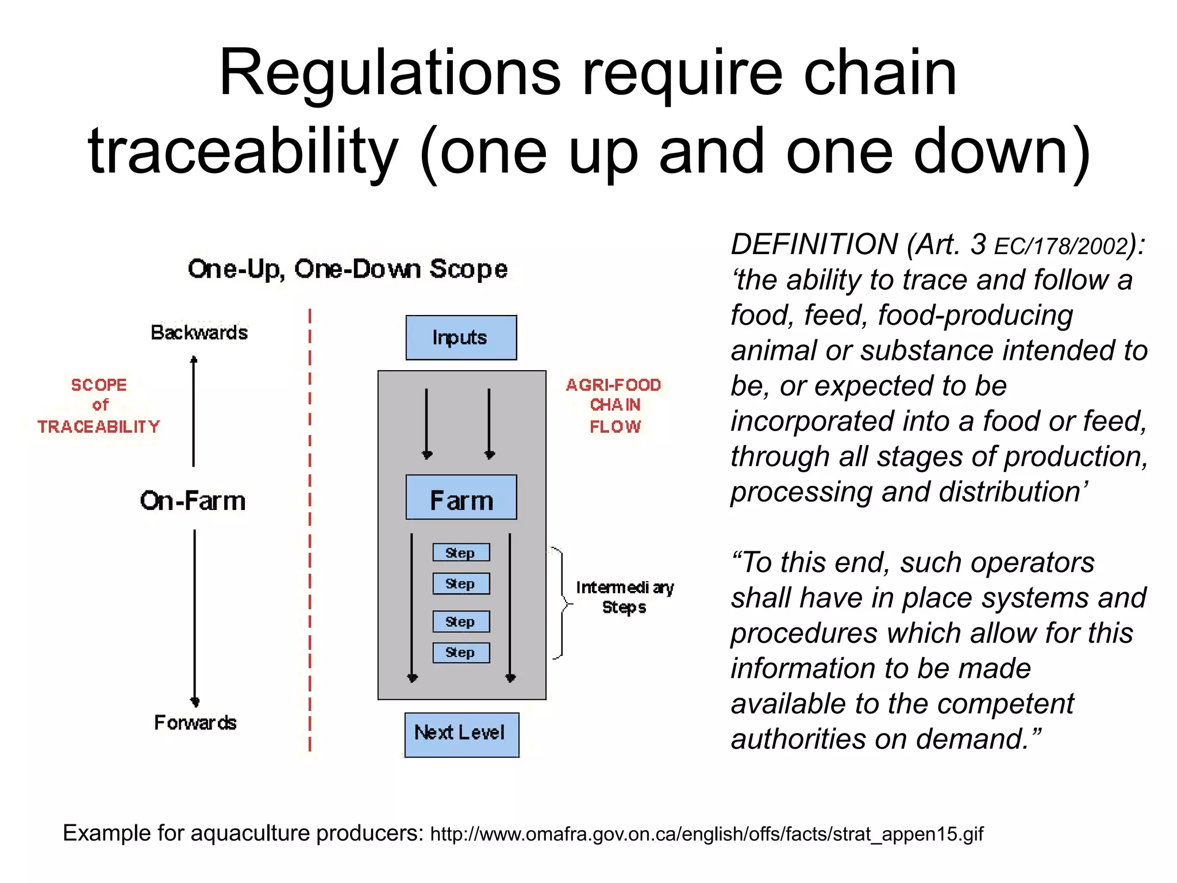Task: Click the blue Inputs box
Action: point(461,337)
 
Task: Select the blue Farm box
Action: point(461,498)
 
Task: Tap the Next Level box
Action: point(461,735)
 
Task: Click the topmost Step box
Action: point(461,552)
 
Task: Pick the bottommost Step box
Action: point(461,652)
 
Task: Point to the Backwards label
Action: point(199,332)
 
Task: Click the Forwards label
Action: point(195,722)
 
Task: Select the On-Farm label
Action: point(193,501)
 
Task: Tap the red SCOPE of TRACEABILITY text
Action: point(99,405)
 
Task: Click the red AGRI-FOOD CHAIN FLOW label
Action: point(614,405)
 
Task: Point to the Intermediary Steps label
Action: point(624,597)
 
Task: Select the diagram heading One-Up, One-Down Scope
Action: point(348,269)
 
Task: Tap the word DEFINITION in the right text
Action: point(814,244)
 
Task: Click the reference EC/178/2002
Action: point(1061,247)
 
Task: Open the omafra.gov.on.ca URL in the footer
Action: point(706,834)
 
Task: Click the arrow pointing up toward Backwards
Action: point(194,411)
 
